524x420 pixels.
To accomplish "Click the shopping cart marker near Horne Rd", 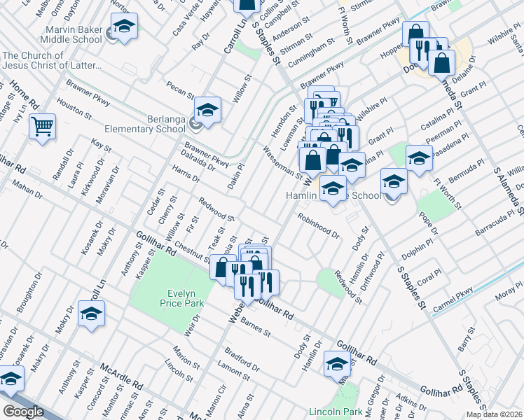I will click(43, 127).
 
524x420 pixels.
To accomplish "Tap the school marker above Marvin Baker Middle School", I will click(124, 26).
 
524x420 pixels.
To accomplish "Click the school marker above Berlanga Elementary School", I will click(207, 110).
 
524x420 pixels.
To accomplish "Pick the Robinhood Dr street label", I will click(317, 226).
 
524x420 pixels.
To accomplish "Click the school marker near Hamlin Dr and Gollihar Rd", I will click(338, 363).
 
